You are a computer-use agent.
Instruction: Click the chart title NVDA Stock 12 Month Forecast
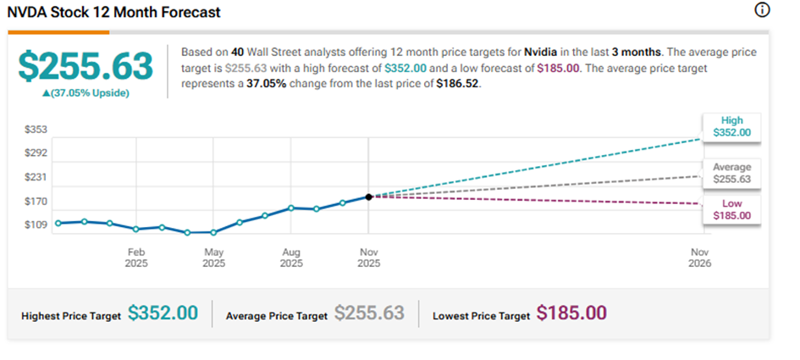click(x=115, y=13)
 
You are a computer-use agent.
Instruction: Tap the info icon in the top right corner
click(x=762, y=10)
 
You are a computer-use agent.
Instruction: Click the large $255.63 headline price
click(x=86, y=66)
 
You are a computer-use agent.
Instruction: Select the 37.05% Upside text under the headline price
click(x=86, y=92)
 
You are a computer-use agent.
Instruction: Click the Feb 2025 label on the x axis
click(x=137, y=258)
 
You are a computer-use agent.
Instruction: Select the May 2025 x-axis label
click(x=214, y=258)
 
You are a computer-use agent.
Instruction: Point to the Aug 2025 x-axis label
click(x=291, y=258)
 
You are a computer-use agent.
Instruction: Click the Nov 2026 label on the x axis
click(x=700, y=258)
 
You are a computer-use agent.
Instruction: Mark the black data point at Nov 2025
click(x=368, y=197)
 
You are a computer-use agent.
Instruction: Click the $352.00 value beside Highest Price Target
click(x=163, y=313)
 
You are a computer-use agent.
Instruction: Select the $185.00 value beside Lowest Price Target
click(x=571, y=313)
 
